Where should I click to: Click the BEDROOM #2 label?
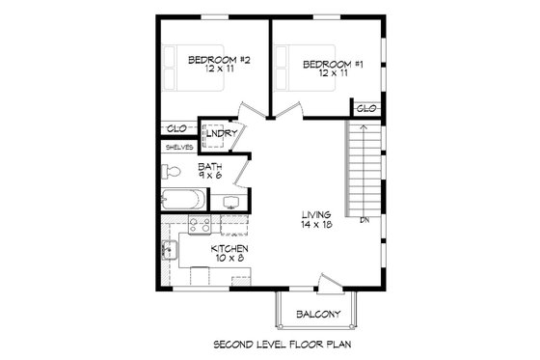click(x=219, y=61)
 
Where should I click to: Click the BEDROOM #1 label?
click(x=332, y=65)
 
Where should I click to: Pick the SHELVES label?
click(x=178, y=148)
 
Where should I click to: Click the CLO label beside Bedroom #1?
click(x=366, y=109)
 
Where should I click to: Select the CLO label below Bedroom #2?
click(x=176, y=128)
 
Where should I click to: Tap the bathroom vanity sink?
click(x=231, y=203)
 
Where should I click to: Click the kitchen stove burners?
click(x=201, y=226)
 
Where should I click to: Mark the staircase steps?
click(x=363, y=174)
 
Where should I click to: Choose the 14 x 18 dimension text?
click(x=315, y=224)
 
